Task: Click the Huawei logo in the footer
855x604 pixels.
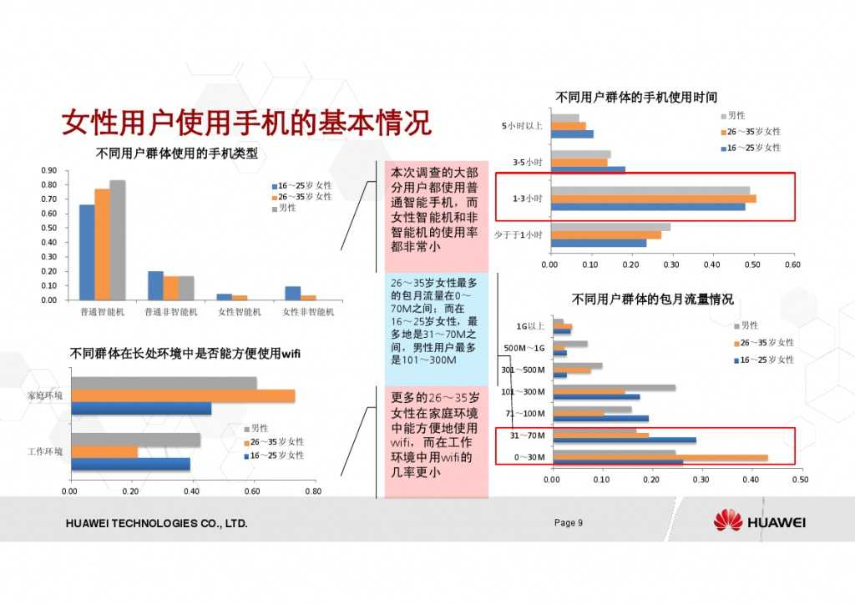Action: (727, 521)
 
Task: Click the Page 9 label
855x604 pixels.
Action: (568, 523)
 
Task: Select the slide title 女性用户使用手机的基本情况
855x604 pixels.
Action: (247, 123)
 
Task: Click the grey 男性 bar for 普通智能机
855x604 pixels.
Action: (118, 239)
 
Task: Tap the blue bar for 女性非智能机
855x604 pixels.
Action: (292, 293)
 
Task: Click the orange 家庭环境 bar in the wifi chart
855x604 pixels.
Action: (183, 395)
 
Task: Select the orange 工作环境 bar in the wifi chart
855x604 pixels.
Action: (104, 451)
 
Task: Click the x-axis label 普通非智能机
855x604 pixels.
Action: (171, 312)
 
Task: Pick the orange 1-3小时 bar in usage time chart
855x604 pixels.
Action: (652, 199)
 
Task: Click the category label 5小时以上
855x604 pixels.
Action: (522, 126)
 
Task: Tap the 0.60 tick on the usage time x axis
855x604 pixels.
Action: (792, 264)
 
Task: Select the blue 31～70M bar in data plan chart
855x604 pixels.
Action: (624, 440)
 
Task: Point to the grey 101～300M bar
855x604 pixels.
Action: (614, 388)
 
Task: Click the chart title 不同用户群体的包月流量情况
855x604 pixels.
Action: (652, 299)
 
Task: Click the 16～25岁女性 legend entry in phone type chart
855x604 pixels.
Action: (301, 185)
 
